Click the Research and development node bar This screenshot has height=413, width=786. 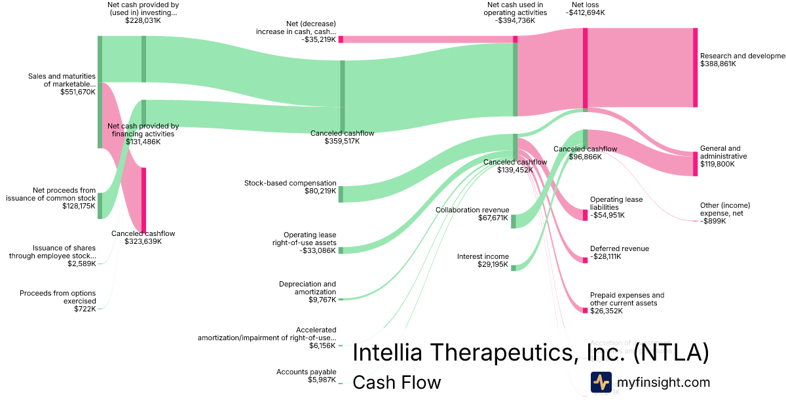695,68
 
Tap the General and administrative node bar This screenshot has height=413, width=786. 695,164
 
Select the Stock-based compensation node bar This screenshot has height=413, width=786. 341,194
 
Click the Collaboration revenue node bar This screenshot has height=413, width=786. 514,221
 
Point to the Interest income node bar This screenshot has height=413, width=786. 514,267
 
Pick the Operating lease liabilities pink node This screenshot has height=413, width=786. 585,215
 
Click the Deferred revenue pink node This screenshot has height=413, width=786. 585,260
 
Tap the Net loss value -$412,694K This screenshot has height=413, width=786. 585,12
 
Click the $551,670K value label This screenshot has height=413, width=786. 78,92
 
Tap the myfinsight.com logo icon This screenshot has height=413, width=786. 601,382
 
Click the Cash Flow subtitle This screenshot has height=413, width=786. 397,382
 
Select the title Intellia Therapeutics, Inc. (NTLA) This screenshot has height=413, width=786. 531,353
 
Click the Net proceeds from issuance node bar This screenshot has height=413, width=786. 100,206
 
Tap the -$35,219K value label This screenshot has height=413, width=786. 319,39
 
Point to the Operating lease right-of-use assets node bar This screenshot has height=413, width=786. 341,250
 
